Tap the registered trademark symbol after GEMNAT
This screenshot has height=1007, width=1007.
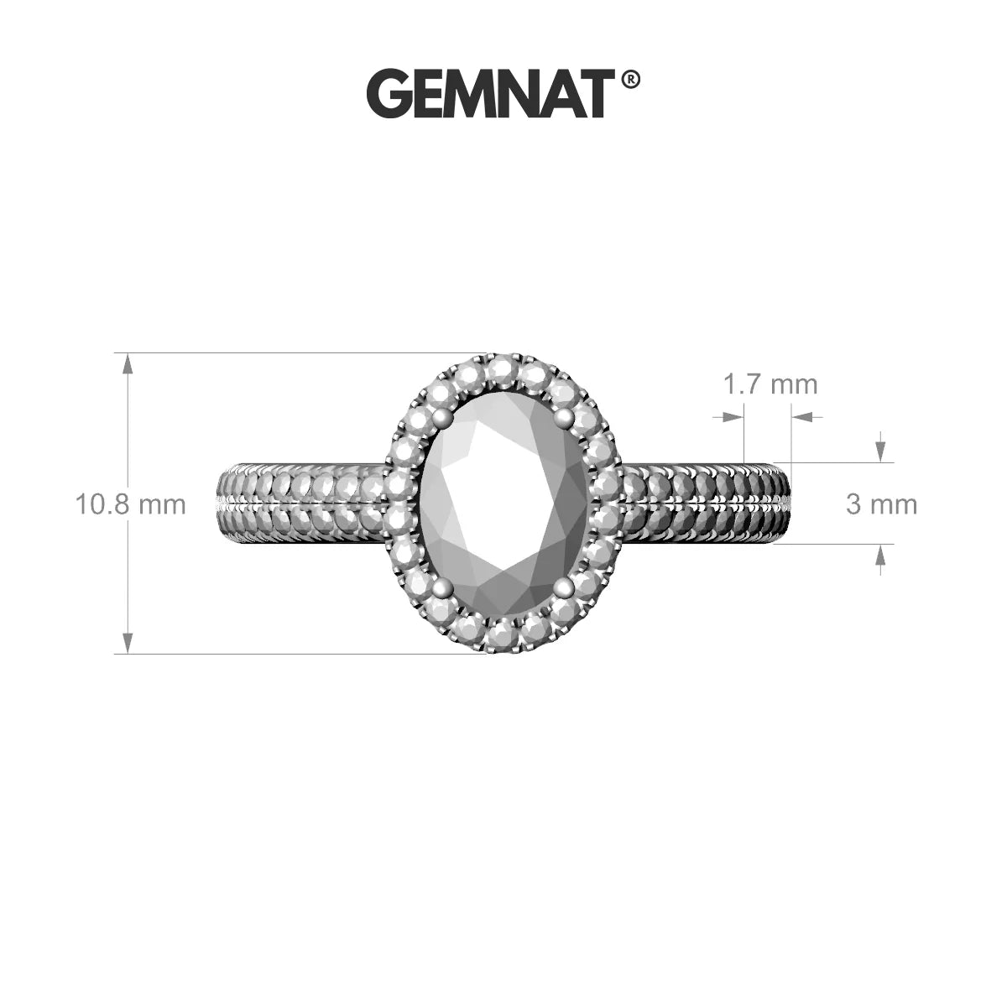[629, 81]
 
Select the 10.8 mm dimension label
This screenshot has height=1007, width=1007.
[131, 505]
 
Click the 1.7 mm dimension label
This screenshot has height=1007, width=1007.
[770, 384]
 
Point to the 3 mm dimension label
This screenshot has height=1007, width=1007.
[882, 505]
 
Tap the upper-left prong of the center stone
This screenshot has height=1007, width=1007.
[442, 417]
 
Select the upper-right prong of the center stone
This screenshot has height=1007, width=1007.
[564, 416]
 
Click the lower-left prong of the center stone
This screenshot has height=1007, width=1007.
[443, 588]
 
